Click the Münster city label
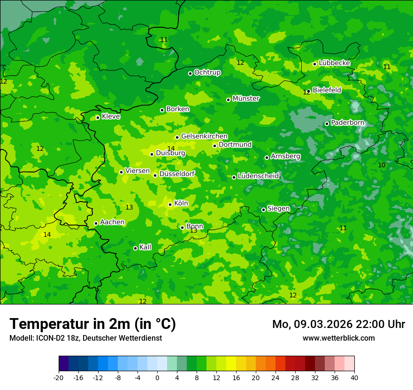[246, 99]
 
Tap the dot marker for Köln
[170, 204]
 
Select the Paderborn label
[347, 123]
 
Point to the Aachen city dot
[96, 224]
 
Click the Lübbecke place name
[334, 63]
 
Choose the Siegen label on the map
[278, 209]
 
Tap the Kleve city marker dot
[98, 117]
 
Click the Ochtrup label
[207, 72]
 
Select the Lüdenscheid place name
[258, 176]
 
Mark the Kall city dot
[135, 248]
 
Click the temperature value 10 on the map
[382, 165]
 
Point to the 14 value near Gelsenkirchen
[171, 148]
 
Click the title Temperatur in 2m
[92, 324]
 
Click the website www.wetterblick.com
[338, 338]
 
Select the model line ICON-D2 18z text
[85, 338]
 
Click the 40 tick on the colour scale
[354, 377]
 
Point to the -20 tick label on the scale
[59, 377]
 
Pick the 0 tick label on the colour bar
[157, 377]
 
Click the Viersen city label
[138, 171]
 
